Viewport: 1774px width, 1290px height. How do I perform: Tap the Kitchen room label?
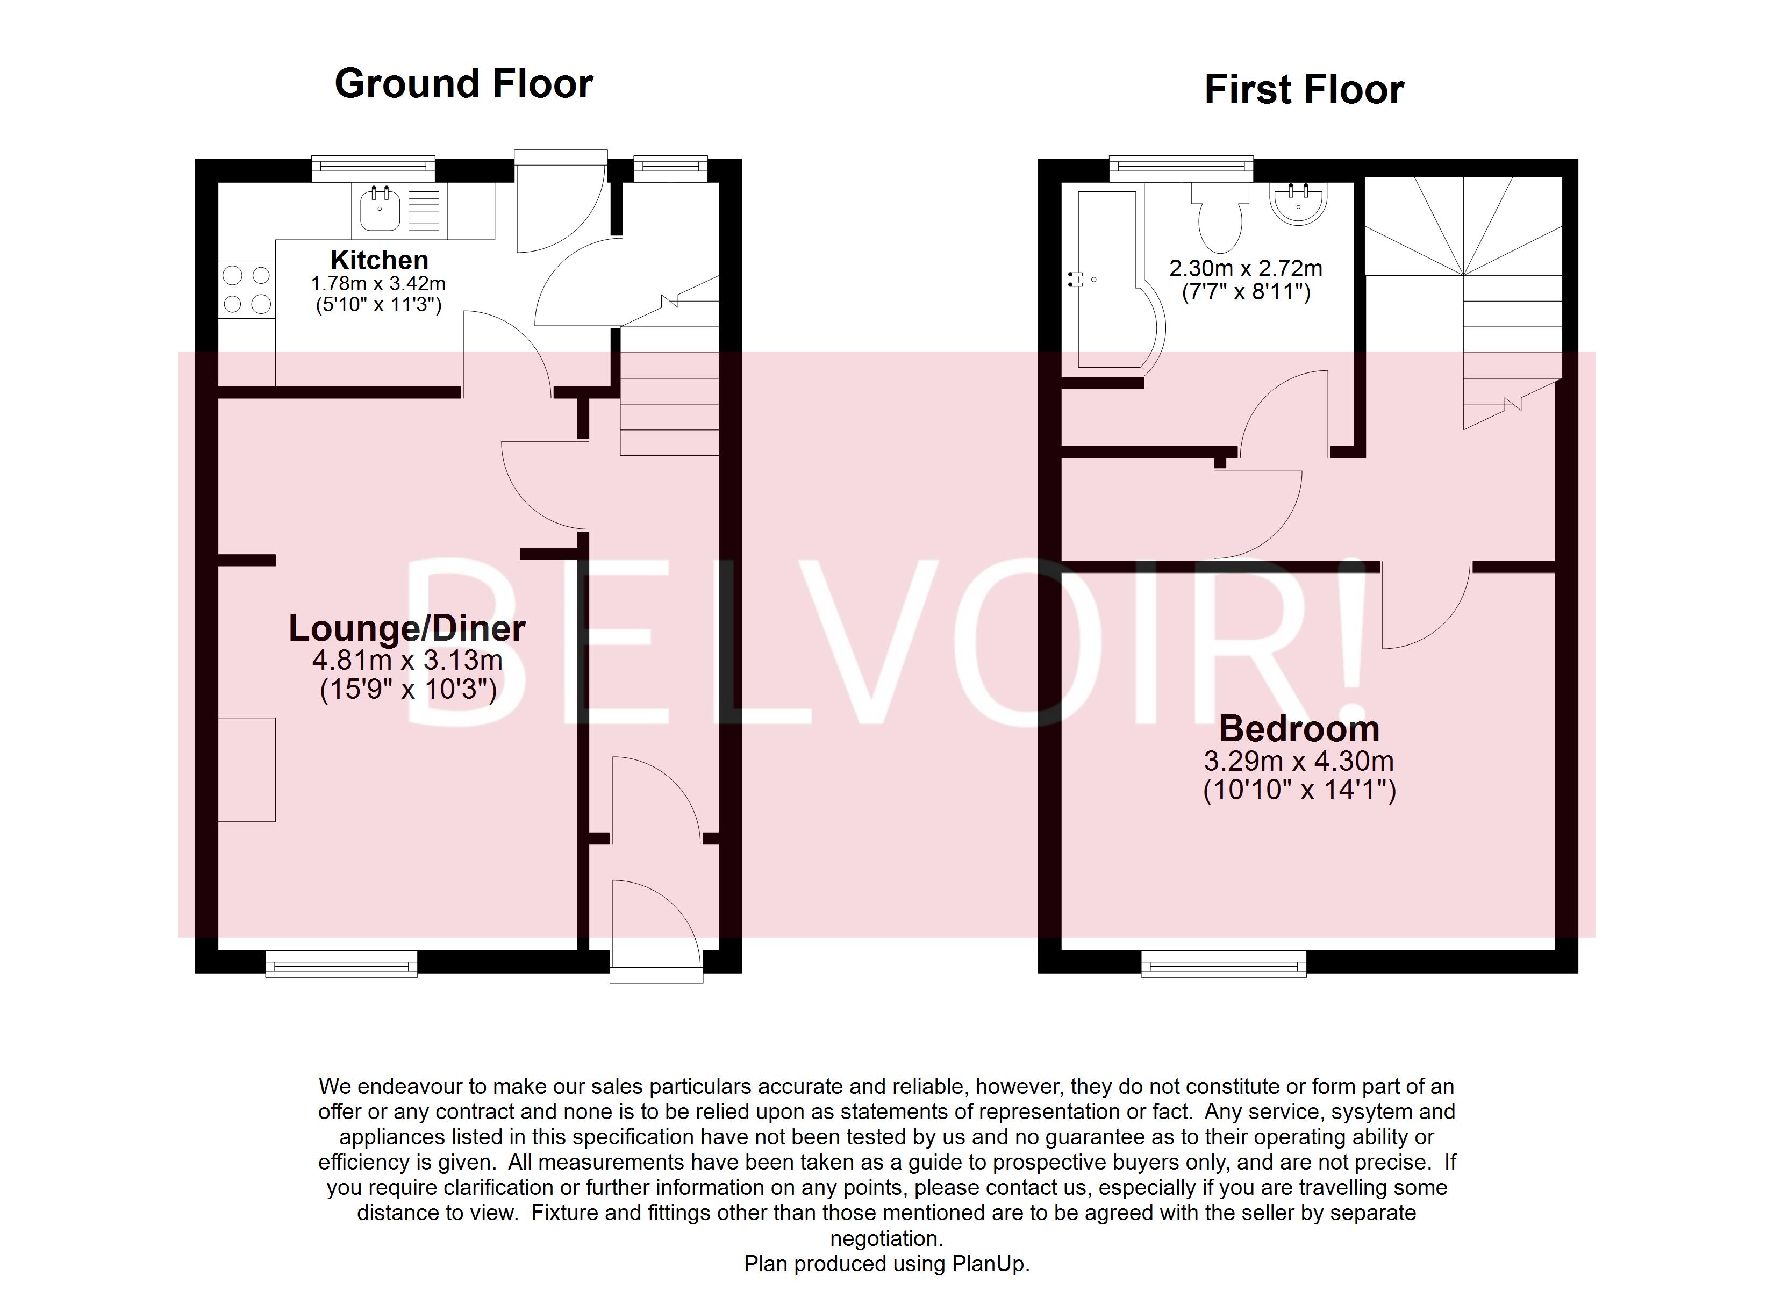click(380, 260)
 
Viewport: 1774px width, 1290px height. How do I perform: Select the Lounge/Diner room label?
click(407, 628)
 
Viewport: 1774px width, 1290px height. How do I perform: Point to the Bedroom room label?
click(1299, 729)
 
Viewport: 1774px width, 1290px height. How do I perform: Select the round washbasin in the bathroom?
click(1298, 203)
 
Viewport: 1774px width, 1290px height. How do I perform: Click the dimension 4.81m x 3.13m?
click(407, 660)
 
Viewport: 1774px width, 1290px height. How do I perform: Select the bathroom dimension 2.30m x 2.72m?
click(1245, 268)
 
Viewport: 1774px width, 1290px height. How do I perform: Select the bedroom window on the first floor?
click(1224, 964)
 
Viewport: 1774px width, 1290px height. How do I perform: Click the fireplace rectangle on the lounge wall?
click(246, 770)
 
